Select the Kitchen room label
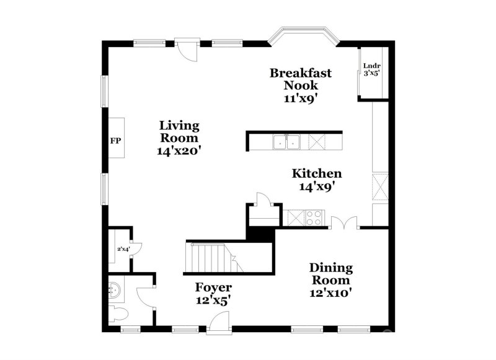coord(317,173)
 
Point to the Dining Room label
coord(331,274)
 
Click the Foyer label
coord(213,288)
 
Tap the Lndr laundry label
coord(371,66)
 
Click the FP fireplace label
coord(115,141)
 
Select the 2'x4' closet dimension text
coord(123,249)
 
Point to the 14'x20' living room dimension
coord(179,151)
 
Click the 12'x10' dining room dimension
coord(331,293)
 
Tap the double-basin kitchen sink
coord(286,142)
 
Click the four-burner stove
coord(314,217)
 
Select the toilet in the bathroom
coord(118,315)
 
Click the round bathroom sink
coord(115,289)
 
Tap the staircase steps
coord(214,257)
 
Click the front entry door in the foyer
coord(219,322)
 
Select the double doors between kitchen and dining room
coord(344,222)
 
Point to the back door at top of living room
coord(187,50)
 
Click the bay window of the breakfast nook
coord(303,35)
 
